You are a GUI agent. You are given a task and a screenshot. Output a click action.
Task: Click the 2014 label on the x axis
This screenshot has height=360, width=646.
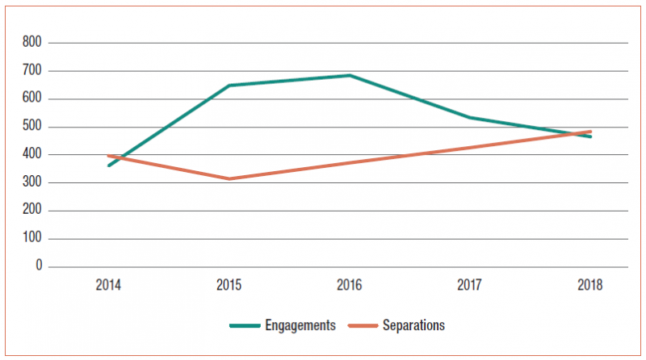point(108,285)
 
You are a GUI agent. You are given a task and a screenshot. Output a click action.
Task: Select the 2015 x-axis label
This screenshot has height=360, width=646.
point(229,285)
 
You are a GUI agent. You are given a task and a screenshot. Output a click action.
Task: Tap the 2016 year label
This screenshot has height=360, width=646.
point(349,285)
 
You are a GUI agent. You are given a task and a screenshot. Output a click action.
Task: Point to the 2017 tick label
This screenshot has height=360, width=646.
point(469,285)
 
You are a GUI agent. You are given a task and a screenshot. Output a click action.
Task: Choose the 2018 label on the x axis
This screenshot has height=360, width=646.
point(589,285)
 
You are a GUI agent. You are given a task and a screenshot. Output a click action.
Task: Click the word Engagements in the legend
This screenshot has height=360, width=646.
point(301,325)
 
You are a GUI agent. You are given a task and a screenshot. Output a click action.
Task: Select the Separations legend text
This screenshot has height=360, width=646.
point(414,325)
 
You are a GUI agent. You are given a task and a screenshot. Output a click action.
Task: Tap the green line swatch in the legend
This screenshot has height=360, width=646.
point(245,325)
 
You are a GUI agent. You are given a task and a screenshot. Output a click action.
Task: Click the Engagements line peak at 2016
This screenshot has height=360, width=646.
point(349,75)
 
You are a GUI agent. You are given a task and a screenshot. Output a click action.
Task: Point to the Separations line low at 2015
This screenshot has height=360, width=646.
point(229,178)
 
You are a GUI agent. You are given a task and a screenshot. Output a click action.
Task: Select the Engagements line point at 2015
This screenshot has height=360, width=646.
point(229,85)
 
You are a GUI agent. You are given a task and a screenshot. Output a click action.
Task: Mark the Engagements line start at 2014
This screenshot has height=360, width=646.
point(109,165)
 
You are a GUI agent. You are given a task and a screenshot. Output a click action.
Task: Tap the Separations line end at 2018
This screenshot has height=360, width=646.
point(589,132)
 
